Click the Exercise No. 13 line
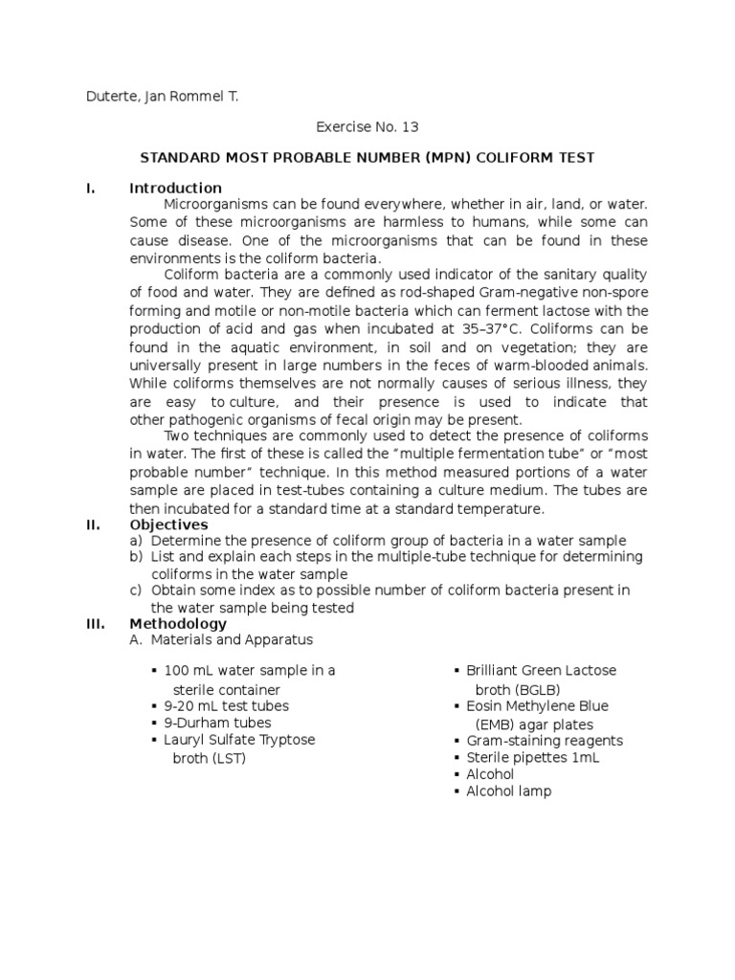(367, 125)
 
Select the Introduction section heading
(175, 189)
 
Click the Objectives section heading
(168, 524)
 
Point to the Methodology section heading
(178, 624)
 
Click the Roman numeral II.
(94, 524)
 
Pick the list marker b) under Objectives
(136, 557)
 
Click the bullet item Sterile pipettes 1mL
(532, 757)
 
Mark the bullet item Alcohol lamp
(508, 791)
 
